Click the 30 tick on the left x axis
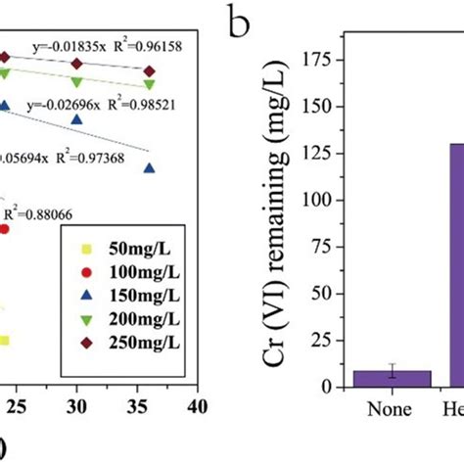point(78,403)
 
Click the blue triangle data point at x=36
point(149,168)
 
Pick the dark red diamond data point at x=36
point(149,70)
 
